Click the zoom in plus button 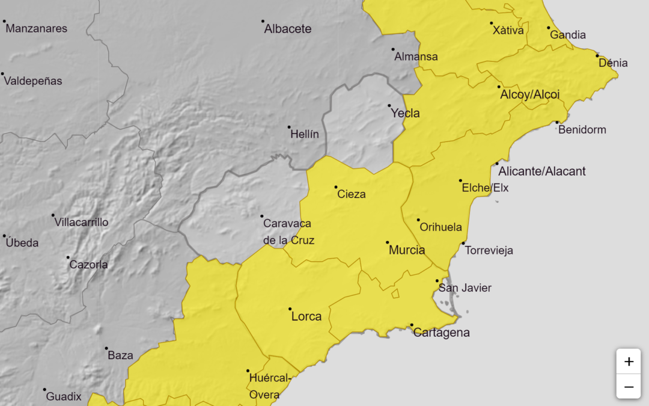629,361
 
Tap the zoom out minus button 629,387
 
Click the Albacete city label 288,28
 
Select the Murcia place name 407,250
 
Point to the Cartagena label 442,333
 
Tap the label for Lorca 306,316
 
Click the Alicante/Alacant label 542,171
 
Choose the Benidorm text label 582,129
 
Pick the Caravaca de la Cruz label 288,232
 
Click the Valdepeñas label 33,81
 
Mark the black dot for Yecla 389,106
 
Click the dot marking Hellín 289,127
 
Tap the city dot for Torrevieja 463,243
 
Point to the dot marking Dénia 597,56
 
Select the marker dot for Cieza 336,187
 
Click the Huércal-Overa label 269,386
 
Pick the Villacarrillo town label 82,222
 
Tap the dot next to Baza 106,348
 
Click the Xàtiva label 508,30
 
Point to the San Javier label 465,288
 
